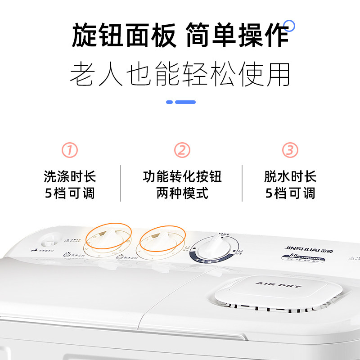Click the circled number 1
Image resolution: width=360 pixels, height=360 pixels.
tap(70, 150)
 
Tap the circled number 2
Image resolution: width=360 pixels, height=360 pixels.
tap(182, 150)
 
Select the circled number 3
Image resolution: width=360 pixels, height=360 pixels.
tap(290, 150)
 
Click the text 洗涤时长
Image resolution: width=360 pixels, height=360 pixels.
tap(70, 176)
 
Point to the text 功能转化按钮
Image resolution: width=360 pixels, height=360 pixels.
tap(182, 176)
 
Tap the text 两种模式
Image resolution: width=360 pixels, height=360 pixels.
tap(182, 193)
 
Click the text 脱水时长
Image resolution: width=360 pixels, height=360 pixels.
tap(290, 176)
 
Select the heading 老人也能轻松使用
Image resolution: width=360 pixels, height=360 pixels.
tap(180, 74)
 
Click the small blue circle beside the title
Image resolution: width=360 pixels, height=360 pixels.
tap(290, 26)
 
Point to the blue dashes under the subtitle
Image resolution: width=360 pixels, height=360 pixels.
tap(181, 102)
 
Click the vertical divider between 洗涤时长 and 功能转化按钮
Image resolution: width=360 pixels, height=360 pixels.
tap(121, 183)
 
